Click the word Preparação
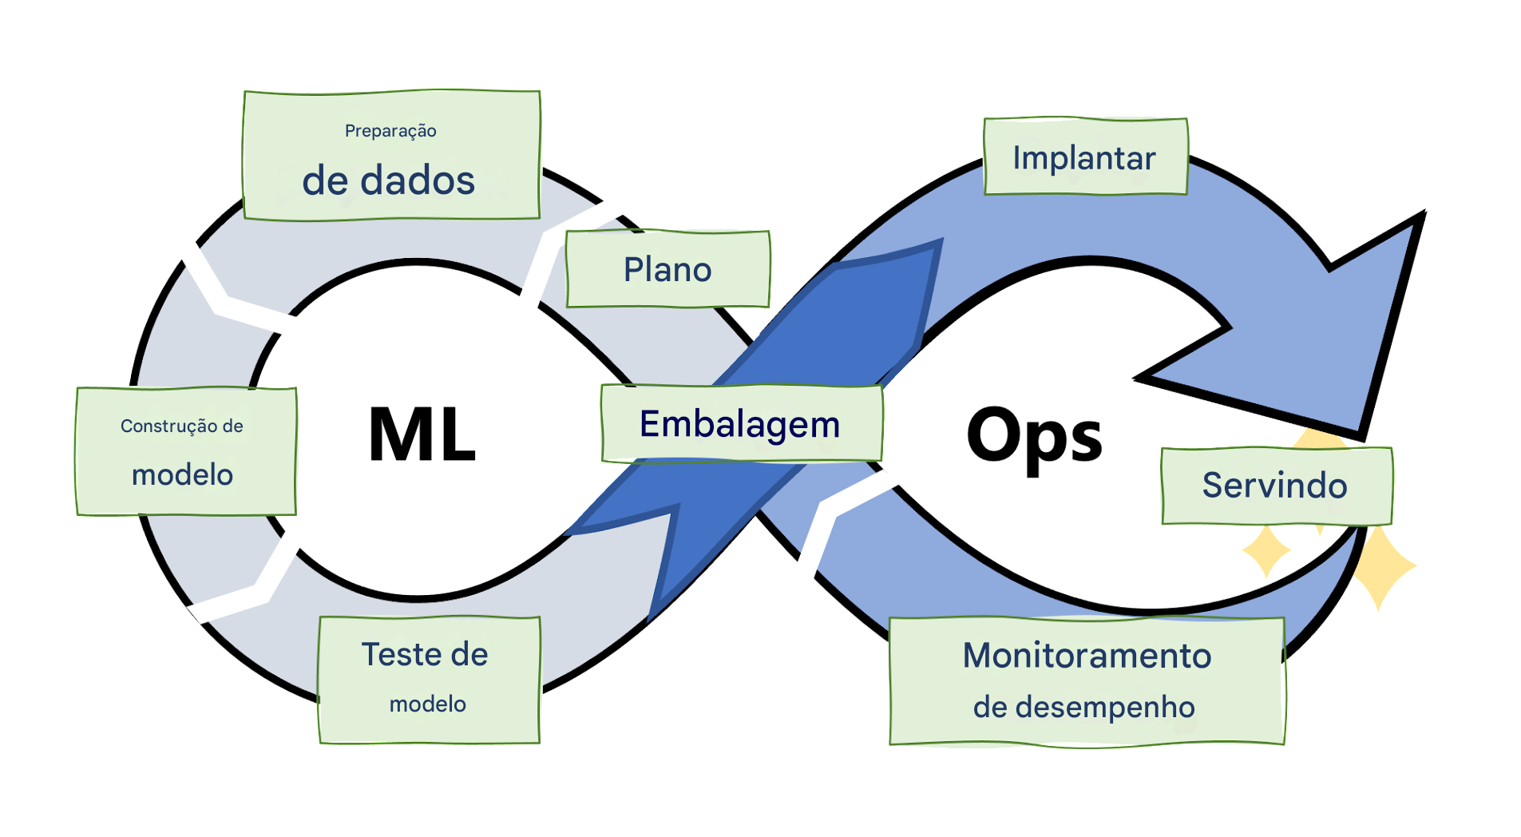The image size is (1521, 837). pos(390,131)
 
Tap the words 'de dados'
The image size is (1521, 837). pos(389,180)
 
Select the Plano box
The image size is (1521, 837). pos(667,269)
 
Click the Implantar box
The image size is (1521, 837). pos(1085,157)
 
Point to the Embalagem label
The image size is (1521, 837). pos(740,424)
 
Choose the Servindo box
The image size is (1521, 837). pos(1275,486)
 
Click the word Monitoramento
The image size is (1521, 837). pos(1087,656)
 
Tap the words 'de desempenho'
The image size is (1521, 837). pos(1083,707)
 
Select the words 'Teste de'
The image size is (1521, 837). pos(425,654)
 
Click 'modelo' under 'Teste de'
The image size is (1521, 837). pos(428,704)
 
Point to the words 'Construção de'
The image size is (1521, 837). pos(182,426)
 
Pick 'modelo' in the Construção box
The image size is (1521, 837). pos(183,475)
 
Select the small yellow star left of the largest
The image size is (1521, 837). pos(1266,551)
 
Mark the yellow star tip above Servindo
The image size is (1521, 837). pos(1321,438)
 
